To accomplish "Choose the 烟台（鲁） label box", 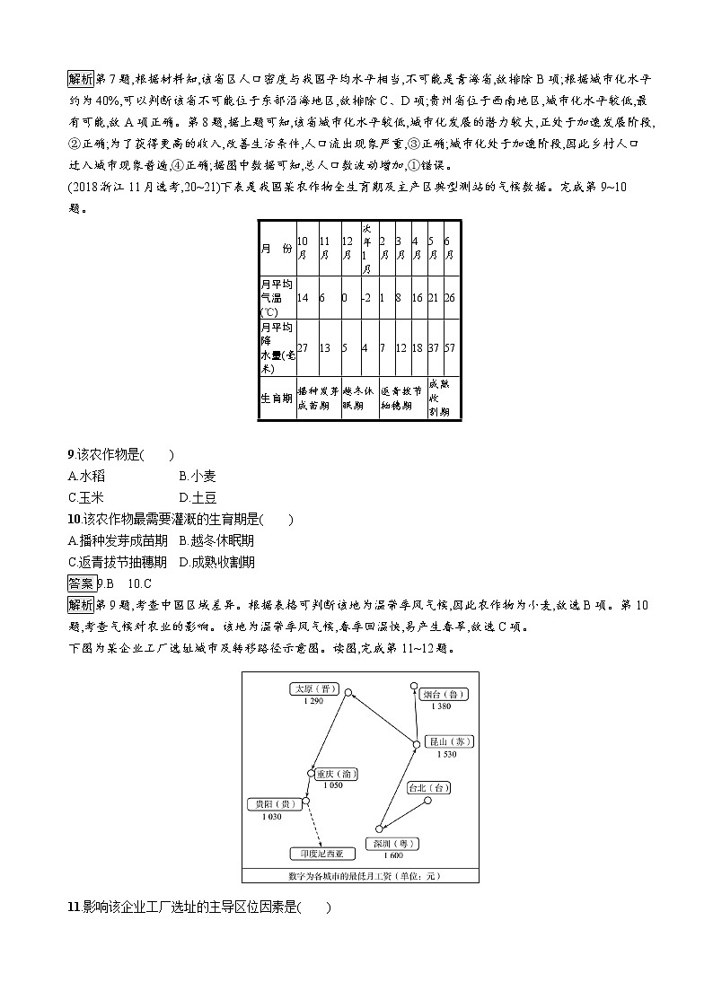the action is pyautogui.click(x=449, y=694).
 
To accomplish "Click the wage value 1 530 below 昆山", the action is pyautogui.click(x=448, y=755).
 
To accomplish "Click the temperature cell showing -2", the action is pyautogui.click(x=366, y=297).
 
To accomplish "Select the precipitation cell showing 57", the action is pyautogui.click(x=448, y=347).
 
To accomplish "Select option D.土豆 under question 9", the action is pyautogui.click(x=198, y=497).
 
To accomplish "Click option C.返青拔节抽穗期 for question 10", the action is pyautogui.click(x=118, y=562).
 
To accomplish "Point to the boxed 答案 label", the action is pyautogui.click(x=82, y=583).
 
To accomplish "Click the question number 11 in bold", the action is pyautogui.click(x=74, y=907).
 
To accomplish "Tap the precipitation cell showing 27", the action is pyautogui.click(x=303, y=347).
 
